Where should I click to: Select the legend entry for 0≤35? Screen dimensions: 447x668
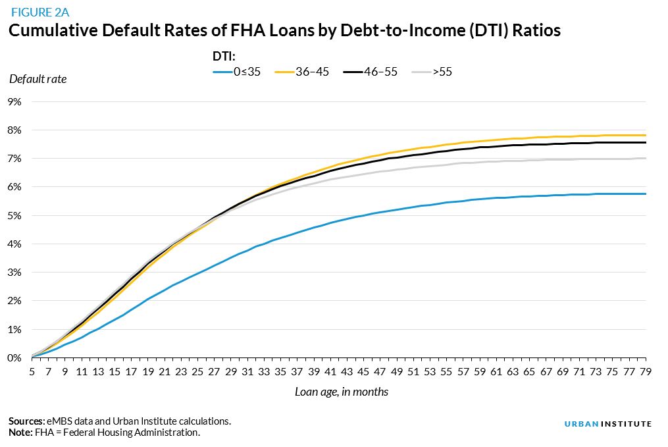(x=237, y=72)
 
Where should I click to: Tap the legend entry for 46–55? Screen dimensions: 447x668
(x=371, y=72)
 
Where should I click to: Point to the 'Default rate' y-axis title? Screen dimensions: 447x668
(x=38, y=79)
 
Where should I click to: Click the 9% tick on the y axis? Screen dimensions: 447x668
(x=14, y=102)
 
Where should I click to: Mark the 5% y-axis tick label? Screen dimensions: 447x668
(x=14, y=215)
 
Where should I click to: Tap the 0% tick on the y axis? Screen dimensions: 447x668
(x=14, y=357)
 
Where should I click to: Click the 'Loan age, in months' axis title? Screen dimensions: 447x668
(x=341, y=392)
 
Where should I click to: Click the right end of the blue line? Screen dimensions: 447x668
(x=646, y=194)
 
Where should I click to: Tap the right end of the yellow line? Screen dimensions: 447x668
(x=646, y=135)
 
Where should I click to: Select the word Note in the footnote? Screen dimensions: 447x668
(x=20, y=433)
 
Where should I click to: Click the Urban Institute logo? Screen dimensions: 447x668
(x=607, y=424)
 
